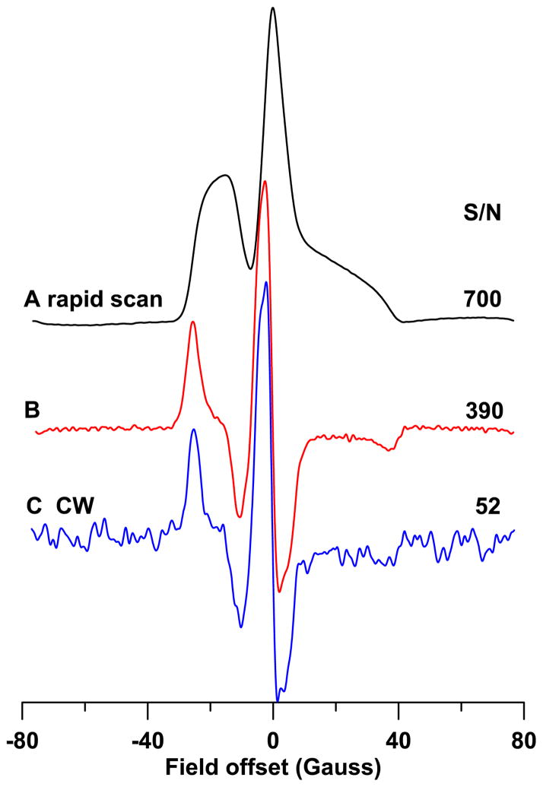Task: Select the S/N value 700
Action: point(483,299)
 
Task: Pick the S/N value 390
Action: point(483,411)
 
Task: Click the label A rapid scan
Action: point(93,299)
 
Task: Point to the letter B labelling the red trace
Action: point(32,411)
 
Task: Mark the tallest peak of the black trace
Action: point(273,8)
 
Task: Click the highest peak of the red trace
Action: point(265,182)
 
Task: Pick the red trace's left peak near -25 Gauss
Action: point(193,322)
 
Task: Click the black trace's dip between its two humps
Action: point(250,268)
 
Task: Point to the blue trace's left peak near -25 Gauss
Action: point(194,430)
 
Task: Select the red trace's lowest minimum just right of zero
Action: point(280,591)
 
